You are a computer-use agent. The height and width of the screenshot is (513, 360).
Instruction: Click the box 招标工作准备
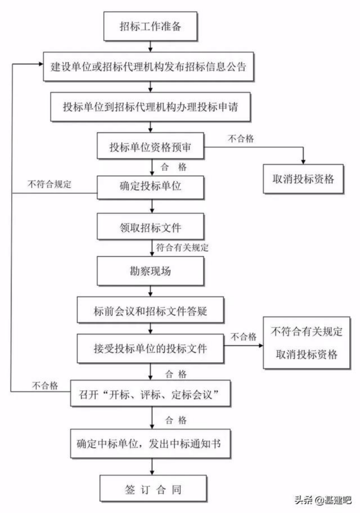(x=150, y=27)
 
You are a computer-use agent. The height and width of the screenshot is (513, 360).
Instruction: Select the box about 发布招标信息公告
(x=149, y=67)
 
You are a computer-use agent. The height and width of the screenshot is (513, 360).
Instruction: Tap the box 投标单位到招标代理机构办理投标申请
(x=150, y=107)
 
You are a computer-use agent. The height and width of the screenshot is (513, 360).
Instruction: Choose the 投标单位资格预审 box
(x=150, y=146)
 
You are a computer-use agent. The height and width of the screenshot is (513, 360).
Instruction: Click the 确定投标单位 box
(x=150, y=187)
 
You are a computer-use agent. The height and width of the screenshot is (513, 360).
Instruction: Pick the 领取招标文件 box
(x=150, y=227)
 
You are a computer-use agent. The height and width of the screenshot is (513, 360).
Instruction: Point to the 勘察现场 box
(x=150, y=271)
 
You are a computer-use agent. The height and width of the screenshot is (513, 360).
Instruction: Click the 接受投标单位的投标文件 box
(x=150, y=348)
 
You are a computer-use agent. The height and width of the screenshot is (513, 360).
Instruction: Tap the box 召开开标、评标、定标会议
(x=150, y=394)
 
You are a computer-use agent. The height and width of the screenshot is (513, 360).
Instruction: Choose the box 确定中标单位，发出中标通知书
(x=150, y=444)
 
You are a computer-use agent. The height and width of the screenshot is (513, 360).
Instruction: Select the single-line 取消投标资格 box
(x=304, y=179)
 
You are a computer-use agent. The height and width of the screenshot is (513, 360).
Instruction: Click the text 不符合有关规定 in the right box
(x=306, y=331)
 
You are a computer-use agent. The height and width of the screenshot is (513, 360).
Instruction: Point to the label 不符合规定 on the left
(x=50, y=184)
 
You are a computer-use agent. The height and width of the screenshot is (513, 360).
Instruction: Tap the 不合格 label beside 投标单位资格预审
(x=241, y=139)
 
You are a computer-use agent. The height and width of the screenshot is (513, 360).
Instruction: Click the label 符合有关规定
(x=182, y=247)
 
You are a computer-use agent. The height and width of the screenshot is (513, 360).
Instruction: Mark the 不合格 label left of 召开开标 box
(x=45, y=386)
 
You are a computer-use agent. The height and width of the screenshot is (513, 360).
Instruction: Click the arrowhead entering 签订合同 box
(x=152, y=473)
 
